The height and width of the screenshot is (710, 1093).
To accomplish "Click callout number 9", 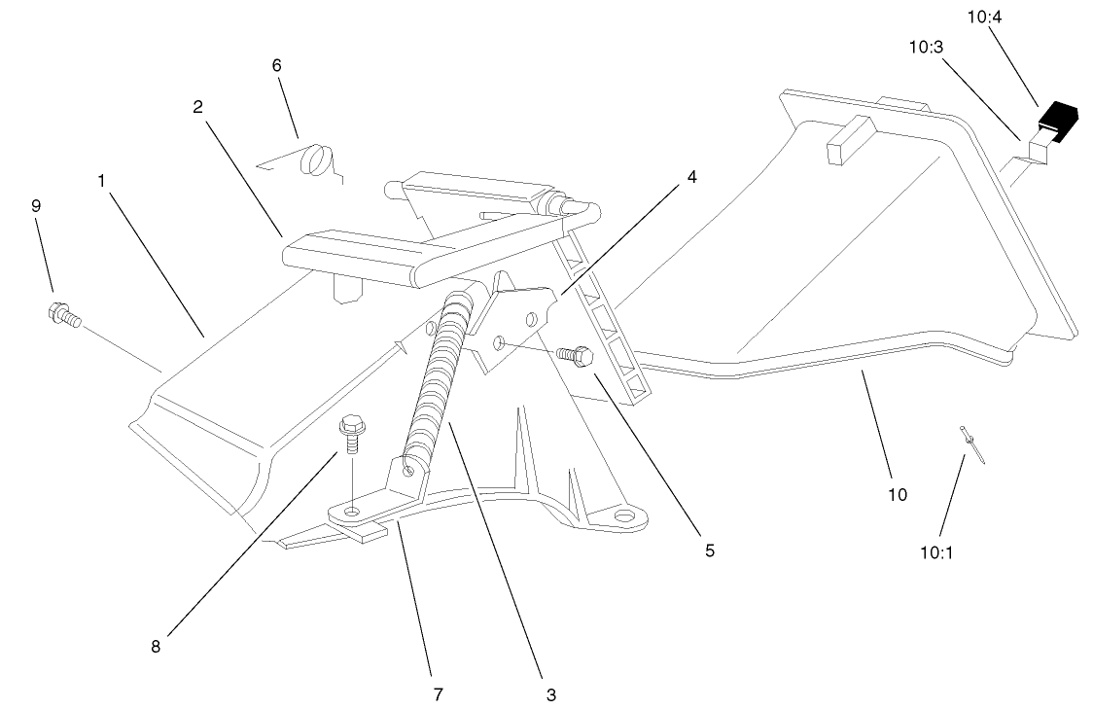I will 36,206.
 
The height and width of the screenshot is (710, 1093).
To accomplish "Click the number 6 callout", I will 276,65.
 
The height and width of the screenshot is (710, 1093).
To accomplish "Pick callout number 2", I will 197,107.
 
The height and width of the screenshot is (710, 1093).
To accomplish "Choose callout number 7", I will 438,693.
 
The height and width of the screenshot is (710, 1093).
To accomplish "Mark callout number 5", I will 709,550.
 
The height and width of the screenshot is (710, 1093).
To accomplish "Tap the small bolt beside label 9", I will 63,314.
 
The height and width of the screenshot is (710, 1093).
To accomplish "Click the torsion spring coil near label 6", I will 315,159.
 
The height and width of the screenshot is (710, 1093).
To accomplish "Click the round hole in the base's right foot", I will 624,513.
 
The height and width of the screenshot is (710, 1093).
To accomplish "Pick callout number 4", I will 691,177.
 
